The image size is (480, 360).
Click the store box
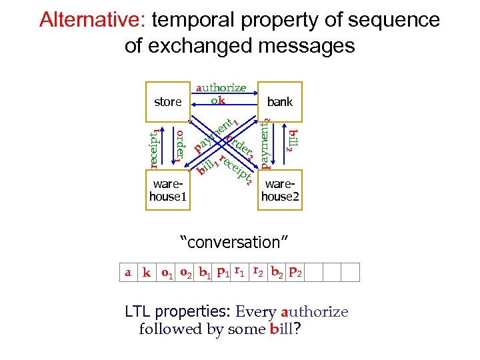coord(167,102)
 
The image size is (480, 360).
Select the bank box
coord(279,102)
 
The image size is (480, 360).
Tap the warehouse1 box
coord(167,190)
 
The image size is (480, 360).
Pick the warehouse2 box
coord(279,190)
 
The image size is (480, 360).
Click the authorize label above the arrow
coord(221,88)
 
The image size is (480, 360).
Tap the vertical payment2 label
coord(266,144)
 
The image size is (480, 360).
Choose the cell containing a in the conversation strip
coord(127,273)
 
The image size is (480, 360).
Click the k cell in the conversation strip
coord(146,273)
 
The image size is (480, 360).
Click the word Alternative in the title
coord(91,20)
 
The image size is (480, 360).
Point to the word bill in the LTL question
coord(281,329)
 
